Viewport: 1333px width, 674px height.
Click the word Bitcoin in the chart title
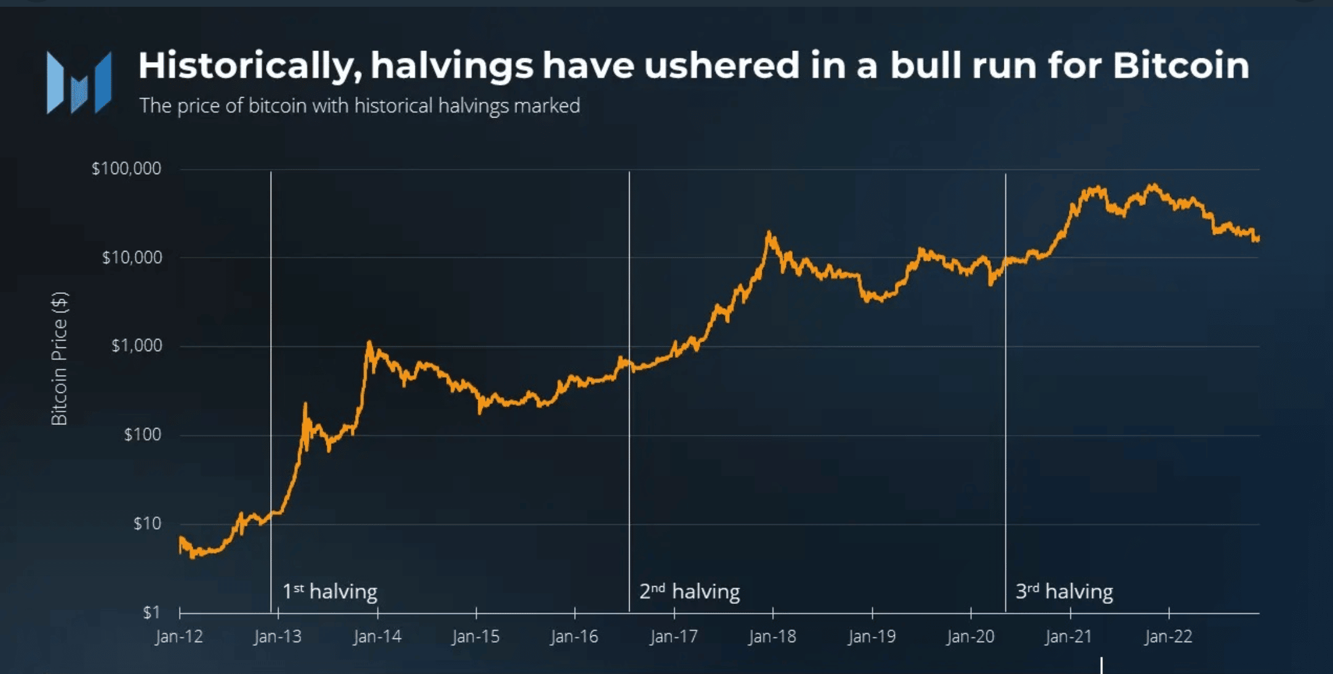(1180, 65)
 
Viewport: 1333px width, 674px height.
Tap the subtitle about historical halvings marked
(359, 106)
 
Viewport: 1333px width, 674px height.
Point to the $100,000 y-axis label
(126, 168)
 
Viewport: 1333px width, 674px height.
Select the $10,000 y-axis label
(132, 257)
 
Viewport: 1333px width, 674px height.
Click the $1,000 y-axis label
(137, 346)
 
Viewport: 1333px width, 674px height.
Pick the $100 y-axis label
(142, 435)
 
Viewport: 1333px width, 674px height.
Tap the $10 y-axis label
(147, 523)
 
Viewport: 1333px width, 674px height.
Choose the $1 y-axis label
(151, 612)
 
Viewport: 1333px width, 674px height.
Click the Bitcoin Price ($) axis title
(59, 358)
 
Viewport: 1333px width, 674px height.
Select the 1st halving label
(329, 592)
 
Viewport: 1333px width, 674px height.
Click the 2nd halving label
(689, 592)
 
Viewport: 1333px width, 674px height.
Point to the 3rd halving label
(1064, 592)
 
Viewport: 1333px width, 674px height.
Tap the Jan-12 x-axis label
(179, 636)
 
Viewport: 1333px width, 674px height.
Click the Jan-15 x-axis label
(476, 636)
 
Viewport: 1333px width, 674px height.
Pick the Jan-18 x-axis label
(772, 636)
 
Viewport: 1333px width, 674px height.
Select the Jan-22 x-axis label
(1168, 636)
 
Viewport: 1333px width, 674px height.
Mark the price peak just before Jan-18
(769, 234)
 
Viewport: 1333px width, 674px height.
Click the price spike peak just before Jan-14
(369, 343)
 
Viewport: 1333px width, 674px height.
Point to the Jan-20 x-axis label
(971, 636)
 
